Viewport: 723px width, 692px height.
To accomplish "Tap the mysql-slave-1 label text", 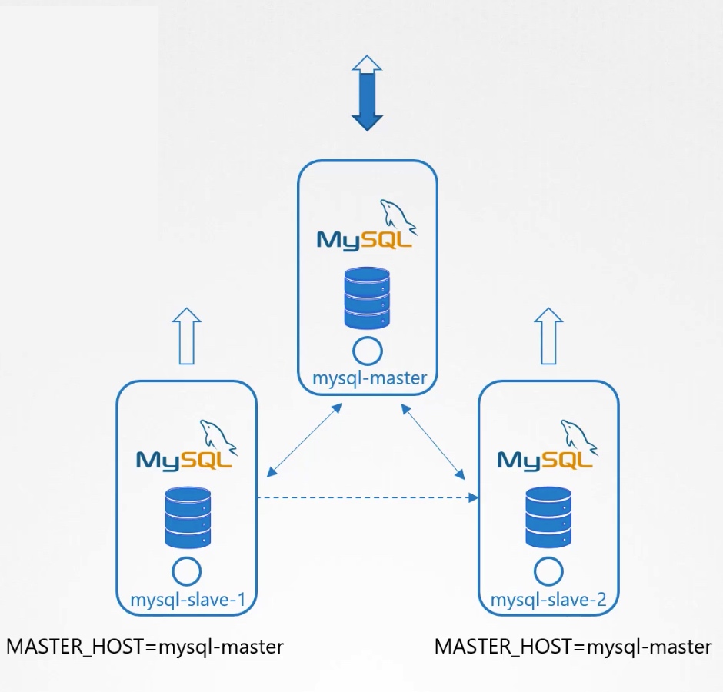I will click(188, 600).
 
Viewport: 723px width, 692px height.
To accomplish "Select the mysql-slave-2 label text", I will click(548, 600).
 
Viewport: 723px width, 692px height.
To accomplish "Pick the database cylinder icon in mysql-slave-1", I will click(188, 517).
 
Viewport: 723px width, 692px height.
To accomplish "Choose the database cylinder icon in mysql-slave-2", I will click(548, 517).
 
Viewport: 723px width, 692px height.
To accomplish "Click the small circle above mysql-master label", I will click(367, 351).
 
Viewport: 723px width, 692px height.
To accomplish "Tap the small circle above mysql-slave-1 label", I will click(187, 571).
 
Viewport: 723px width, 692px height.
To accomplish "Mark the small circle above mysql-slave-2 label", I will click(548, 571).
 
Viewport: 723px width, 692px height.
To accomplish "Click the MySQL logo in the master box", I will click(366, 228).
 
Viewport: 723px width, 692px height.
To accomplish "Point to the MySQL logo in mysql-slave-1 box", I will click(186, 447).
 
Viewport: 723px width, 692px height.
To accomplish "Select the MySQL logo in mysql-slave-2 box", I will click(547, 447).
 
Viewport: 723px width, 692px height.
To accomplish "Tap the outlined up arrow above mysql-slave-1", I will click(187, 336).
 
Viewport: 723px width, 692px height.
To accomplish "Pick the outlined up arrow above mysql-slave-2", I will click(548, 336).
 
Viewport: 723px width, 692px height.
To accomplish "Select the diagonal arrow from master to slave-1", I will click(304, 440).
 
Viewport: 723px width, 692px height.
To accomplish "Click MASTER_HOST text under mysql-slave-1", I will click(145, 647).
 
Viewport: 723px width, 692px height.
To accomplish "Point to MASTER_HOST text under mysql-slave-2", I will click(573, 647).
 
